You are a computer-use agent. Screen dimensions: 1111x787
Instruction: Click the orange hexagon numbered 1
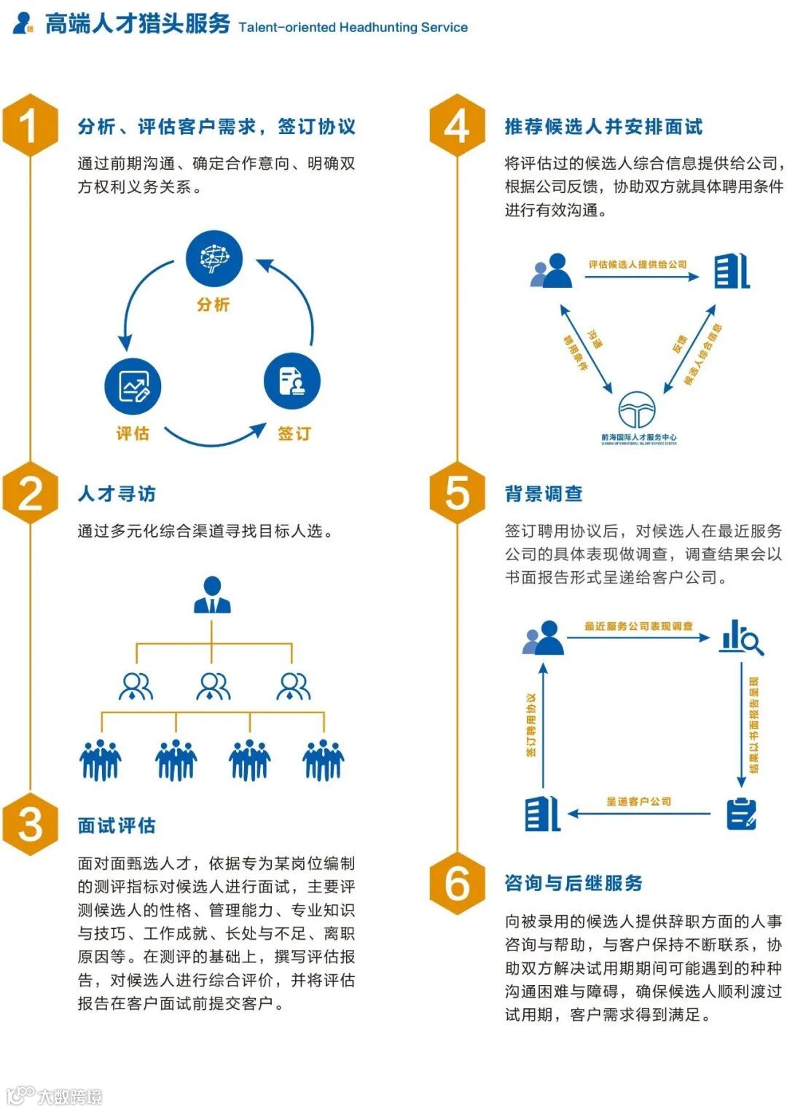click(30, 125)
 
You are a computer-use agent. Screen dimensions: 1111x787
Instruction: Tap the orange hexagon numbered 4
click(457, 125)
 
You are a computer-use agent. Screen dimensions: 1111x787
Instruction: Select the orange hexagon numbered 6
click(457, 882)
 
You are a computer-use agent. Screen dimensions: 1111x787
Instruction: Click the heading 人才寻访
click(117, 494)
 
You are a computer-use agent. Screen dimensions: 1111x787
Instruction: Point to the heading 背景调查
click(544, 494)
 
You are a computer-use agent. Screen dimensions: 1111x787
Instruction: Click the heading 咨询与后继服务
click(573, 883)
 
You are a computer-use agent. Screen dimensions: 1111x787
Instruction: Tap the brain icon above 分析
click(214, 258)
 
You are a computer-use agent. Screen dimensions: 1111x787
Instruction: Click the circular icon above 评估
click(132, 385)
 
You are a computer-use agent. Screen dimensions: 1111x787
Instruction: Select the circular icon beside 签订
click(291, 381)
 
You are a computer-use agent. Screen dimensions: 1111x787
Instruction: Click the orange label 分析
click(213, 305)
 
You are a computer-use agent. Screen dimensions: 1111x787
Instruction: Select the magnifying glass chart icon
click(741, 637)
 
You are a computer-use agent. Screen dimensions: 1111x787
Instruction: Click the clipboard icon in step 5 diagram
click(742, 814)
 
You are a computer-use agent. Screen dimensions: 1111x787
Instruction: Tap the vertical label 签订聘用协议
click(532, 724)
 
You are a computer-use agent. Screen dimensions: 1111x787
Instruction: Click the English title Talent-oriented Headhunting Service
click(353, 28)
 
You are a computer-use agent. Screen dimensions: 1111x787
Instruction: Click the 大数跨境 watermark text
click(69, 1096)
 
